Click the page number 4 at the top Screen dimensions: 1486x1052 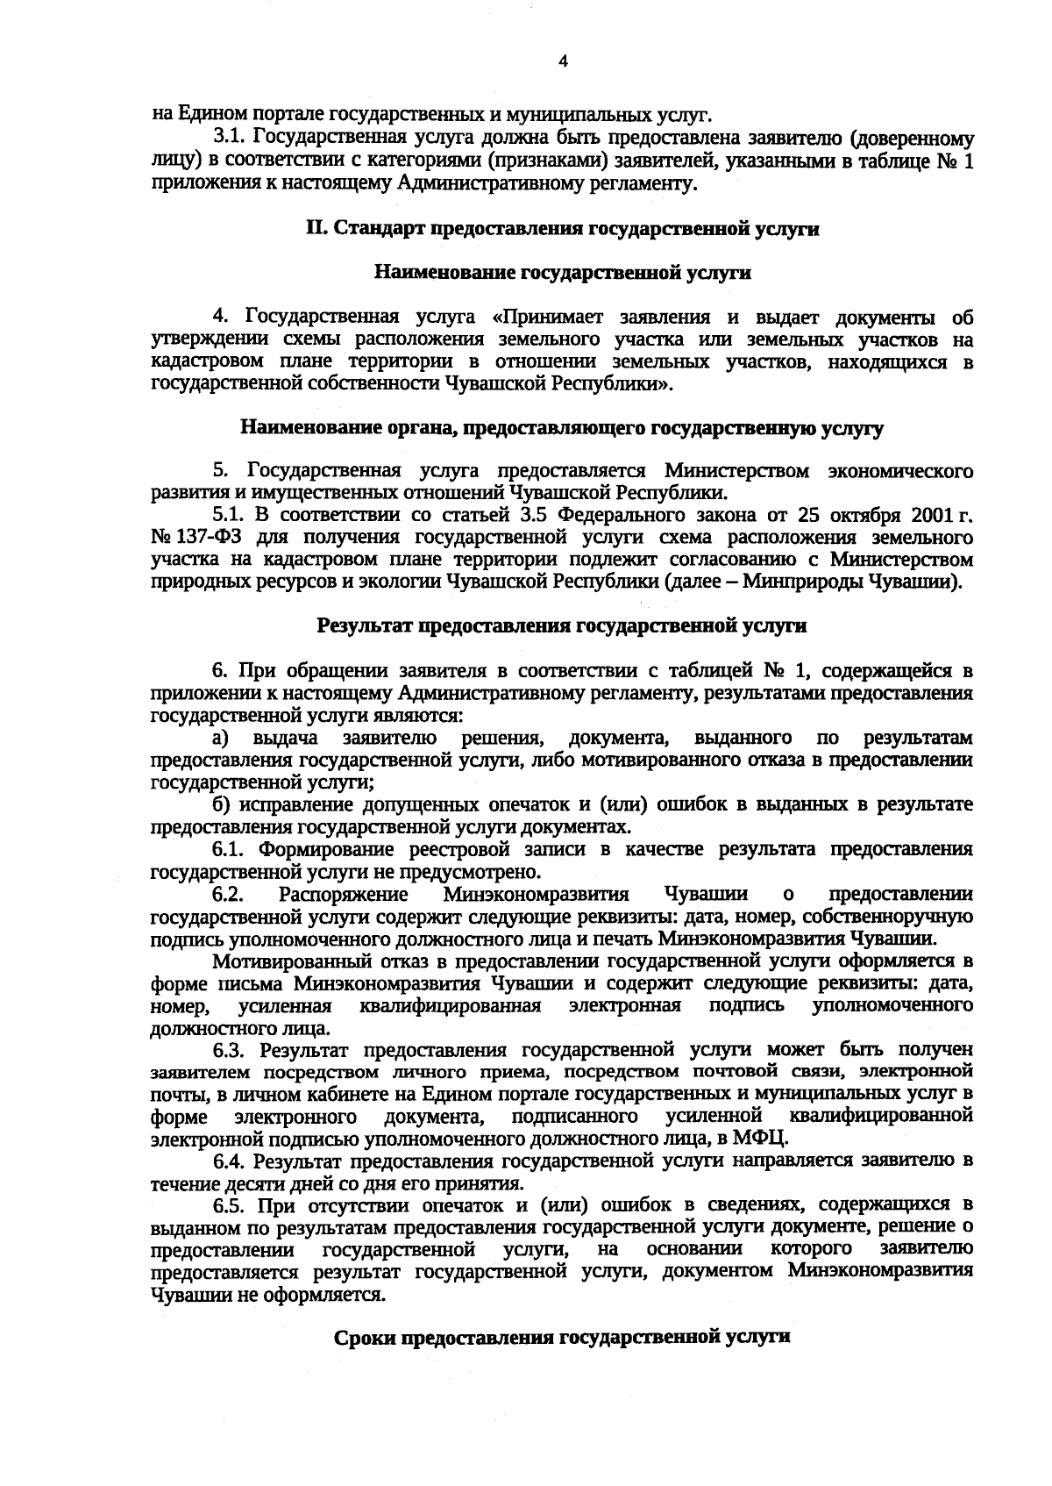(564, 61)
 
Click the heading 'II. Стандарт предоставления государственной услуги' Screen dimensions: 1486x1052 (562, 229)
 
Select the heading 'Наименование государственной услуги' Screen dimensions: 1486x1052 (562, 273)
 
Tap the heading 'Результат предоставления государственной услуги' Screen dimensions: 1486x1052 (562, 626)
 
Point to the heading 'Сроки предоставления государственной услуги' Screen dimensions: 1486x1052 (562, 1337)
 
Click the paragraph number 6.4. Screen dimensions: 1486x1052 (231, 1161)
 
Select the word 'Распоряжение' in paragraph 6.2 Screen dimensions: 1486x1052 (343, 894)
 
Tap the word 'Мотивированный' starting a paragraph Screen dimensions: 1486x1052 (283, 961)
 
